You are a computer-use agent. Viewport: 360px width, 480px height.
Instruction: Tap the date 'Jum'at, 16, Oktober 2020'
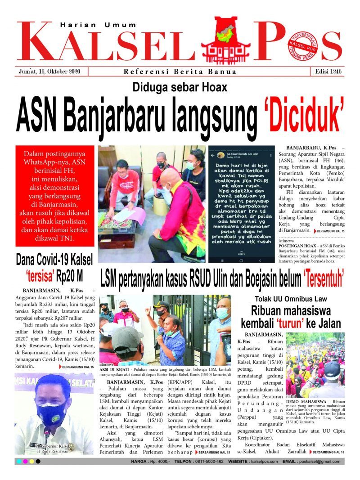click(49, 72)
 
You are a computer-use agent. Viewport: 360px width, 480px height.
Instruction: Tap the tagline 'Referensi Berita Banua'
click(180, 72)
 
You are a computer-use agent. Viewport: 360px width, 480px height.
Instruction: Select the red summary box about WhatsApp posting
click(55, 196)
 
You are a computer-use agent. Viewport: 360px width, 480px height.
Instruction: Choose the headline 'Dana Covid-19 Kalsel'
click(54, 260)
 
